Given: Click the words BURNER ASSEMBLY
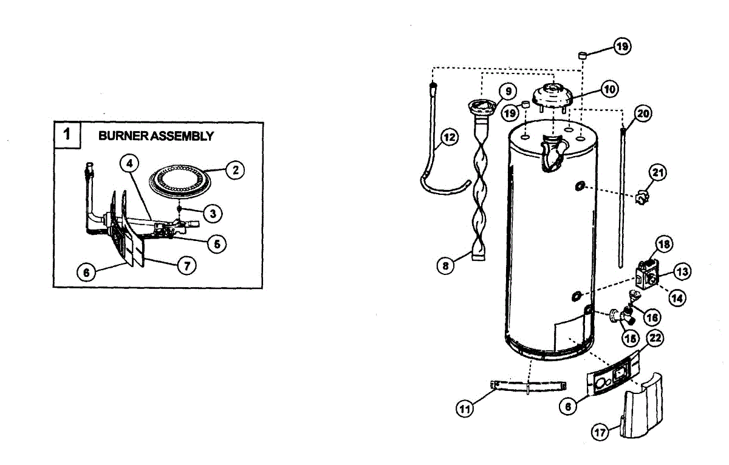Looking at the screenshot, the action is point(156,136).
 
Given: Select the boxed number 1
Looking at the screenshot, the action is point(68,134).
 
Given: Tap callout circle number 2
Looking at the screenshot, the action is point(234,170).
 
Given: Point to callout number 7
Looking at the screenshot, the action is point(187,265).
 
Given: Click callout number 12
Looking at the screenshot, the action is point(449,137).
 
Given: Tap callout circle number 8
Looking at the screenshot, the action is point(447,265).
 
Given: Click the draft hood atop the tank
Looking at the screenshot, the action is point(553,97).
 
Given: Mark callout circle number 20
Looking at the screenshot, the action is point(643,113).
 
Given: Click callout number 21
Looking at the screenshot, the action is point(657,172).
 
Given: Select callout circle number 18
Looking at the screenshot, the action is point(664,244).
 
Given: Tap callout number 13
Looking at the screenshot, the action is point(682,271).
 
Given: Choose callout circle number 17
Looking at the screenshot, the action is point(601,432).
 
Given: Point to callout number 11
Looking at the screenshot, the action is point(465,409).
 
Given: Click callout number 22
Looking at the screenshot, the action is point(656,339).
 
